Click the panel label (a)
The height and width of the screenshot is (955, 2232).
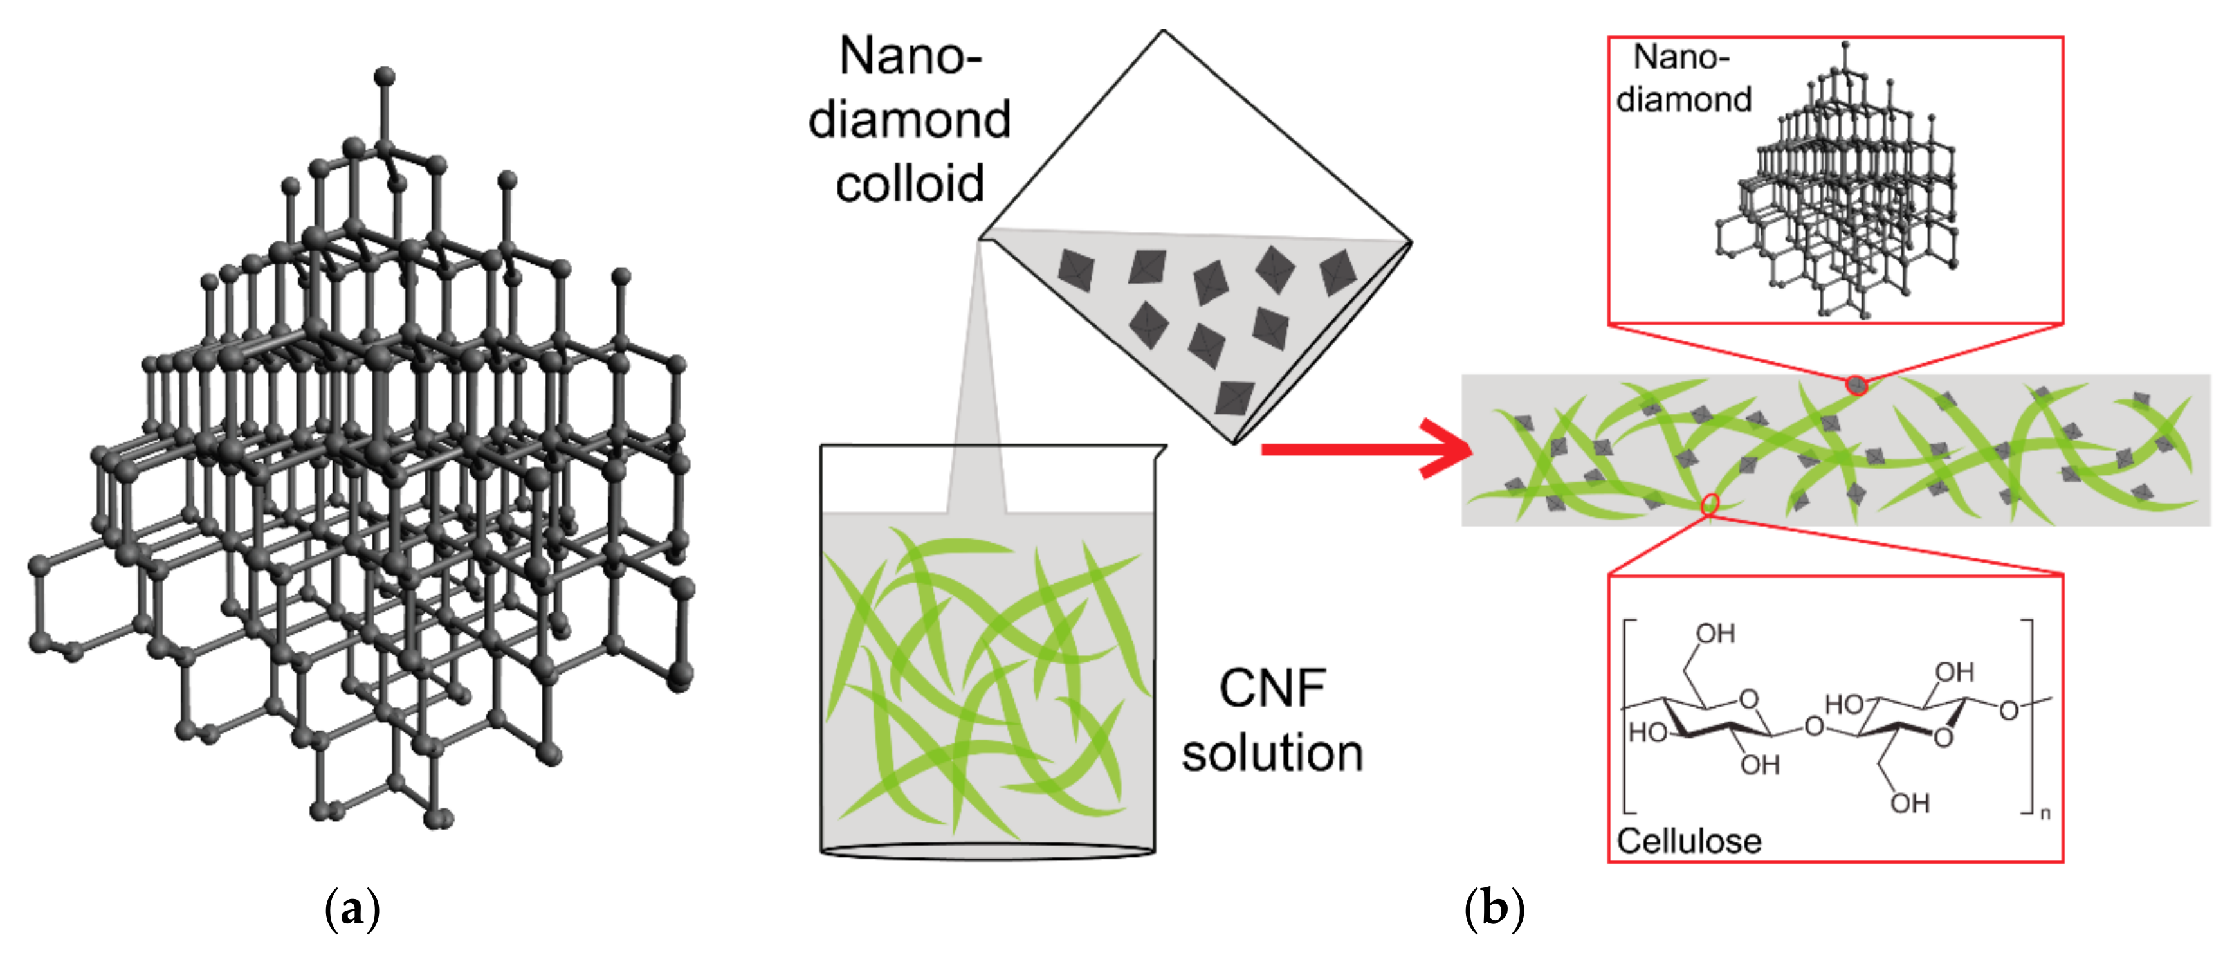tap(352, 910)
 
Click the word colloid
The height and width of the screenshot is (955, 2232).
tap(910, 184)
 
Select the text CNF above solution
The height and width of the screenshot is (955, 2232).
tap(1272, 689)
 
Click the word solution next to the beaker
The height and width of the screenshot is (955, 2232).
tap(1272, 752)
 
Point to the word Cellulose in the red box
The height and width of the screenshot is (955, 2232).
tap(1688, 841)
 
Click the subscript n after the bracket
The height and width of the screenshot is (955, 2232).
tap(2045, 814)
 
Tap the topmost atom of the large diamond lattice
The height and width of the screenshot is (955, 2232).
tap(385, 77)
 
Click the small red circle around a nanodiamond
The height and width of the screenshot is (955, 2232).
tap(1856, 384)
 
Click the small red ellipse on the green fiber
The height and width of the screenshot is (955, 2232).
tap(1710, 504)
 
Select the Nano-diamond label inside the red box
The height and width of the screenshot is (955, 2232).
tap(1683, 78)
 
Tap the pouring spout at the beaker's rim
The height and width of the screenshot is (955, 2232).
tap(1159, 451)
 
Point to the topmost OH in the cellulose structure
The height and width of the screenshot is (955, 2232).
tap(1715, 633)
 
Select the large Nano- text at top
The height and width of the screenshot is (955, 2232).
tap(910, 57)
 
